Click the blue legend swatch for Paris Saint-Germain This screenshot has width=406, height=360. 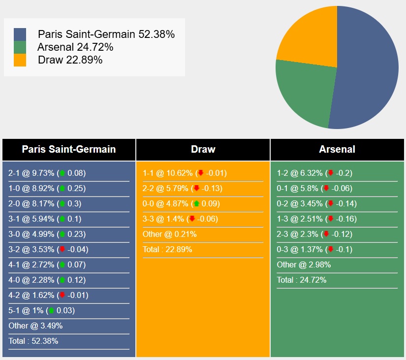pyautogui.click(x=20, y=34)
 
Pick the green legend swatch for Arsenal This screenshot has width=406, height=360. pyautogui.click(x=20, y=47)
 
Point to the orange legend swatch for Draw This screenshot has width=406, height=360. pyautogui.click(x=20, y=60)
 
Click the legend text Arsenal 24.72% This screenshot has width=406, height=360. pyautogui.click(x=75, y=47)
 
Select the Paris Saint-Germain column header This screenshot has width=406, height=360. pyautogui.click(x=69, y=149)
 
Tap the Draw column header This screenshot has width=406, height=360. pyautogui.click(x=203, y=149)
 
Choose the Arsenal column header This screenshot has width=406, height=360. pyautogui.click(x=337, y=149)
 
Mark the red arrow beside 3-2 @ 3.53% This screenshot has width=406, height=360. pyautogui.click(x=62, y=249)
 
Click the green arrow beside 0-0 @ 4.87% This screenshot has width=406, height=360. pyautogui.click(x=196, y=203)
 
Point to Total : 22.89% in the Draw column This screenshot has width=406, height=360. pyautogui.click(x=167, y=249)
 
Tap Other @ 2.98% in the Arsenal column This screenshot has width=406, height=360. pyautogui.click(x=304, y=264)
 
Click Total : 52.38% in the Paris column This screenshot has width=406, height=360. pyautogui.click(x=33, y=341)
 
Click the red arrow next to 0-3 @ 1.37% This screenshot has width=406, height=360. pyautogui.click(x=331, y=249)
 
